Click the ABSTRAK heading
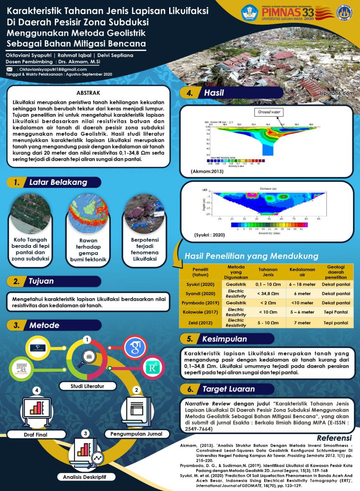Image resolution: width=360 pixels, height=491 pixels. (88, 93)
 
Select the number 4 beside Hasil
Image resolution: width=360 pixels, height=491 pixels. (190, 93)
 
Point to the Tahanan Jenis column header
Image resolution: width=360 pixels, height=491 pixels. (268, 272)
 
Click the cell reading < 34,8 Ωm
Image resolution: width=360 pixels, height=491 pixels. (268, 293)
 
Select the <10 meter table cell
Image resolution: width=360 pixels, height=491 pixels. (302, 303)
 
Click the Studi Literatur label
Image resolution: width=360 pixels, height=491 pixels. (87, 386)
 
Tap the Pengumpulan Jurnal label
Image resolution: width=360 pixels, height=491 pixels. (136, 434)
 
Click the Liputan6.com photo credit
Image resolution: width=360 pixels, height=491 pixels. (337, 93)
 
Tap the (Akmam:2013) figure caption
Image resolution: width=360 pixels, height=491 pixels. (207, 171)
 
